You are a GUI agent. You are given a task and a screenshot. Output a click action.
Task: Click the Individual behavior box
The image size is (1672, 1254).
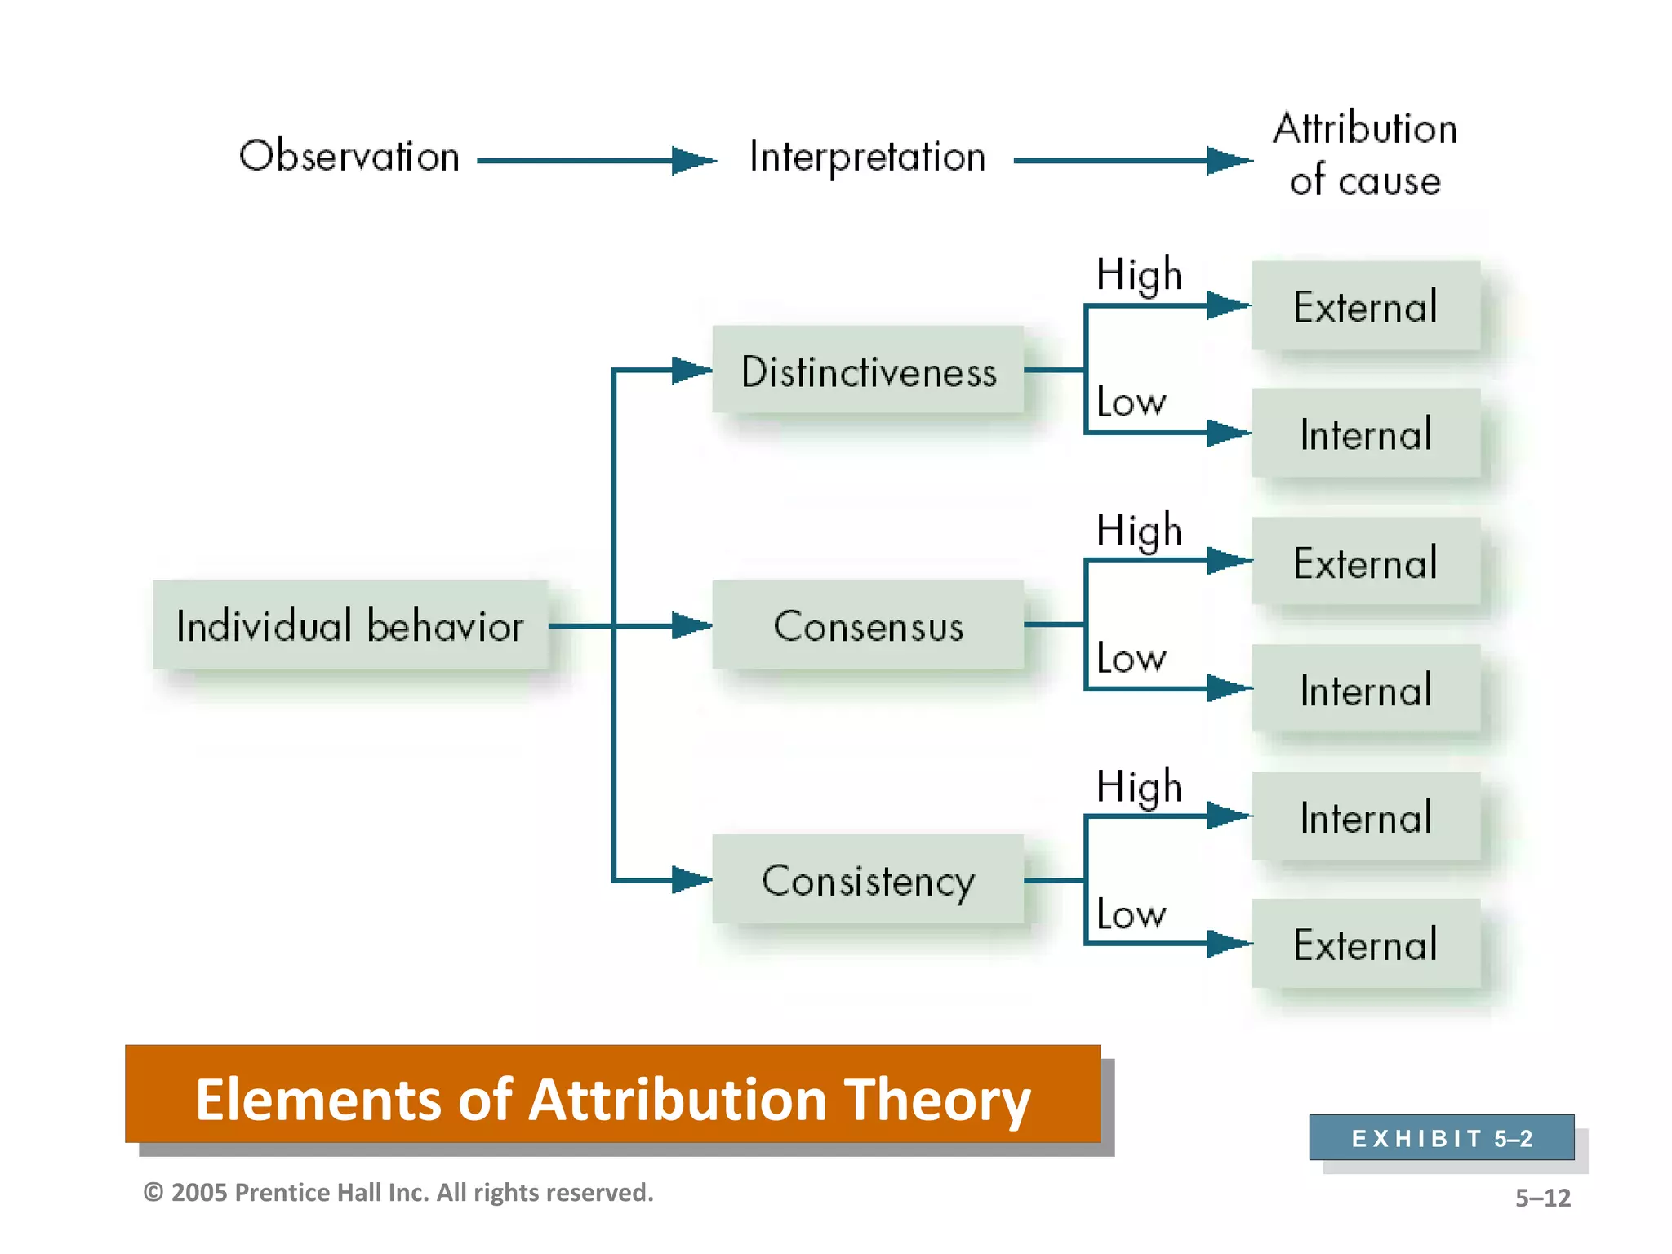pos(349,625)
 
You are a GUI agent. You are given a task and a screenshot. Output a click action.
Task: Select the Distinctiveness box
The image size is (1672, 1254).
pos(868,371)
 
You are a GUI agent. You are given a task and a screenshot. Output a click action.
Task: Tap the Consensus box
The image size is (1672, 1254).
pos(868,625)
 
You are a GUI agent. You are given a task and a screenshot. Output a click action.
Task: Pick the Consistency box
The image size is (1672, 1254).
pos(868,880)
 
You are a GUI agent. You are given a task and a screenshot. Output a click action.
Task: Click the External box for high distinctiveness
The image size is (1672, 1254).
pos(1365,307)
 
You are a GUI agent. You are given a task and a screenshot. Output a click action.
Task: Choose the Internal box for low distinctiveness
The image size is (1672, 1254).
pos(1365,434)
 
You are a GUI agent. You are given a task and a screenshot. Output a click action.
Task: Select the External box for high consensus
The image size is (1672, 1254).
pos(1365,563)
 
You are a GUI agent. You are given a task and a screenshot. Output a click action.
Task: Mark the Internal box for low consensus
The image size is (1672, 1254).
pos(1365,690)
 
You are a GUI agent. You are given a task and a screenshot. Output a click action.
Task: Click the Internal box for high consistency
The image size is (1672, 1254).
pos(1365,817)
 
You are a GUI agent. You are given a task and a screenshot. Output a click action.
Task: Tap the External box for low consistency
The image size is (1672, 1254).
pos(1365,945)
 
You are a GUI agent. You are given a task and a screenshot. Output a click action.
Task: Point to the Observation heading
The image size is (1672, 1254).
pos(349,156)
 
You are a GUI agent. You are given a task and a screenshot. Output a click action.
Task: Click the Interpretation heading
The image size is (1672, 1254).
pos(868,156)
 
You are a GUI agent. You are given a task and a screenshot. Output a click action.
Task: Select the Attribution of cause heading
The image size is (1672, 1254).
pos(1365,154)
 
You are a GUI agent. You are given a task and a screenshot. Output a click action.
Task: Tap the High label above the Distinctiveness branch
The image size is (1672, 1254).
pos(1139,274)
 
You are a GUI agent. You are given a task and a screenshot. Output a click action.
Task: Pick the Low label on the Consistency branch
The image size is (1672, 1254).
pos(1132,914)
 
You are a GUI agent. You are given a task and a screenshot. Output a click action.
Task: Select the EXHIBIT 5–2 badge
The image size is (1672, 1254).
pos(1442,1137)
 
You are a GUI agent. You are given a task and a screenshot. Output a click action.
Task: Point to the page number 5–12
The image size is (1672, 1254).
pos(1542,1198)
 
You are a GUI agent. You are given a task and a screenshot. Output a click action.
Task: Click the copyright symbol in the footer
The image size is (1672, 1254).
pos(153,1193)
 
